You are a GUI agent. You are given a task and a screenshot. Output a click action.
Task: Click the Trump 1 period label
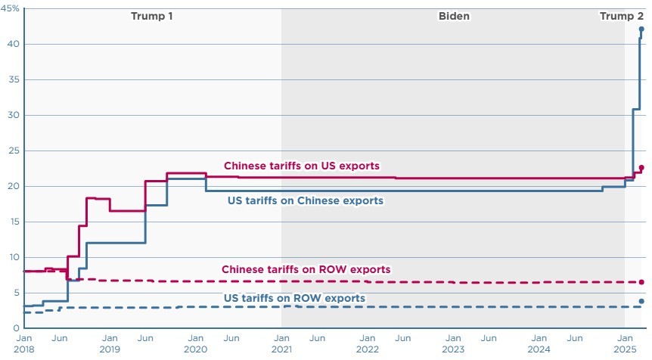[x=151, y=16]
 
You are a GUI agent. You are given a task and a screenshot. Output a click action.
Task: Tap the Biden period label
[x=454, y=16]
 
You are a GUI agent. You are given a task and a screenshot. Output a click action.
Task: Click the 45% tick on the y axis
[x=12, y=8]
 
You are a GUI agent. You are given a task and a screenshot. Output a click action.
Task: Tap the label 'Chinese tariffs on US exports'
[x=301, y=166]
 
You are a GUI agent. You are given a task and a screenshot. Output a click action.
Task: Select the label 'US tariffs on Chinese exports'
[x=306, y=200]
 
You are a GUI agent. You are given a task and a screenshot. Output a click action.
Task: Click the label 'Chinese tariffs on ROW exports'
[x=306, y=269]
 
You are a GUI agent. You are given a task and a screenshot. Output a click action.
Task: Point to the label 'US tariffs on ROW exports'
[x=294, y=298]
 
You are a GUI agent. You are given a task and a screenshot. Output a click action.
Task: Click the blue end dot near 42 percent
[x=641, y=29]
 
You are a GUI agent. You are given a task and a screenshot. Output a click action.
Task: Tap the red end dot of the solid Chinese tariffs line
[x=641, y=168]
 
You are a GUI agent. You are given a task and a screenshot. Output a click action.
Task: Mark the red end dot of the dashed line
[x=641, y=282]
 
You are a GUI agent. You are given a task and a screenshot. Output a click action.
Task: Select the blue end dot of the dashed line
[x=641, y=301]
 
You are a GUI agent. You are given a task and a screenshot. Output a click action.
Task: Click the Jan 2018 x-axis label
[x=24, y=344]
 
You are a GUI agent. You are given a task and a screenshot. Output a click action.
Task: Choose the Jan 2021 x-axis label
[x=281, y=344]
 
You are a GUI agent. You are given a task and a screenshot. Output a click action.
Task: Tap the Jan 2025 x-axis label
[x=625, y=344]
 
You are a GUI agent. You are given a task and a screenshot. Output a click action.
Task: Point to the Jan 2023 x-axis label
[x=453, y=344]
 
